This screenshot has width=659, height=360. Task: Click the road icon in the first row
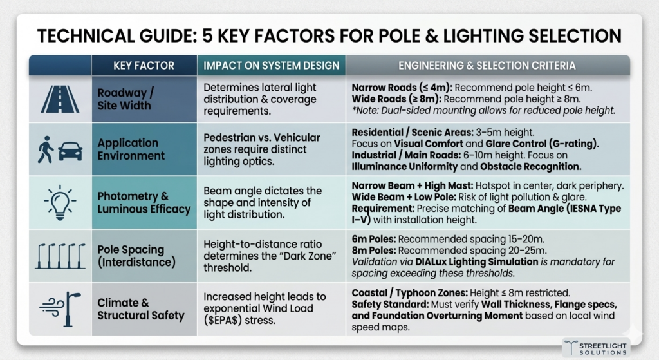tap(60, 99)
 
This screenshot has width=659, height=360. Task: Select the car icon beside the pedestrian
tap(70, 152)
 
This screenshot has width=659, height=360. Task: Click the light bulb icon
tap(60, 202)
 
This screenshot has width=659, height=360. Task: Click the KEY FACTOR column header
tap(144, 66)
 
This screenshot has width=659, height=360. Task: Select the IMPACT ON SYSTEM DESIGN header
tap(272, 66)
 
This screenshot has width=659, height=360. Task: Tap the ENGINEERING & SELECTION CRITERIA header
tap(487, 66)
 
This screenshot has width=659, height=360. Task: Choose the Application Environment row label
tap(131, 149)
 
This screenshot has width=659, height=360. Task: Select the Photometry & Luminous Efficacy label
tap(144, 202)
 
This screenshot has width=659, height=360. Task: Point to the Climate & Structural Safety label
tap(141, 308)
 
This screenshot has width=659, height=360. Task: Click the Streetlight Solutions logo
tap(596, 347)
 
